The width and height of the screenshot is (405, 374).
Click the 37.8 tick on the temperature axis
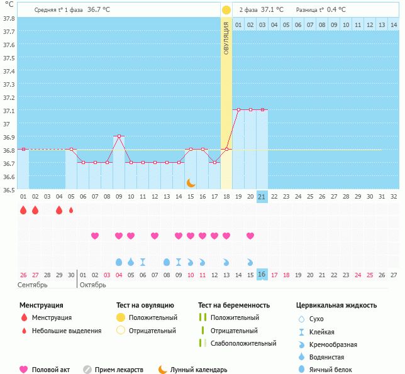[9, 19]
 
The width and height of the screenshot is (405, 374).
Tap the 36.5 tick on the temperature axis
[9, 189]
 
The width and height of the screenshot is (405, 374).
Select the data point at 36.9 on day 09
[119, 136]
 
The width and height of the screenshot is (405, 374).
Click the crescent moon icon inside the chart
[191, 182]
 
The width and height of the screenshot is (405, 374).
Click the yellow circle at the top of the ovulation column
[226, 10]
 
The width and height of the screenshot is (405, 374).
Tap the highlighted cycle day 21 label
[262, 196]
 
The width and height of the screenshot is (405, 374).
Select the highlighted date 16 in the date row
[262, 275]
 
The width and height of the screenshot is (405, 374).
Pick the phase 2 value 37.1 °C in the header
[272, 10]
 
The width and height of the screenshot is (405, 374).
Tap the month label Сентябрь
[33, 285]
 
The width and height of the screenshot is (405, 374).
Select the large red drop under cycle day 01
[23, 211]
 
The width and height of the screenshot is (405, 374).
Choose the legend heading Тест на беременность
[233, 305]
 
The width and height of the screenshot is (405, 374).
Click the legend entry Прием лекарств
[119, 370]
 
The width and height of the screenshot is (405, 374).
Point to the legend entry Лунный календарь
[198, 370]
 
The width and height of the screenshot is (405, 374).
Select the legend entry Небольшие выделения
[67, 331]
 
